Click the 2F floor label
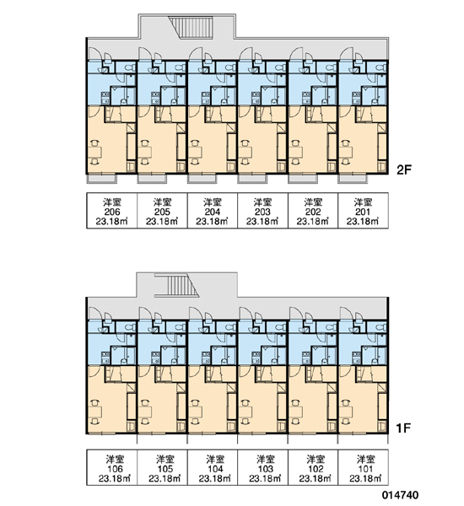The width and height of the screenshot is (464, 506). [x=404, y=170]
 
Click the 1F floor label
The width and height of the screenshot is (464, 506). [x=403, y=428]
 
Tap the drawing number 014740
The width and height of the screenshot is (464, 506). [x=401, y=495]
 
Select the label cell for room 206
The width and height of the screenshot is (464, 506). [x=111, y=211]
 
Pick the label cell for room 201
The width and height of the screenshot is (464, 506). [x=363, y=211]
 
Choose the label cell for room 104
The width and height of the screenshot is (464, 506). [x=213, y=467]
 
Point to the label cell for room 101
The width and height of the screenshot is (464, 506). [x=363, y=467]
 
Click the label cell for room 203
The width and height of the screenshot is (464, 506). [x=262, y=211]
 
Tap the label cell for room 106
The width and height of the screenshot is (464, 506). [x=111, y=467]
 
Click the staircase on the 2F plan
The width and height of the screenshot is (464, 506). [x=192, y=28]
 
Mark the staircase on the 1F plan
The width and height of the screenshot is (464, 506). [x=177, y=285]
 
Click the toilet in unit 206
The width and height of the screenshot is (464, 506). [x=130, y=67]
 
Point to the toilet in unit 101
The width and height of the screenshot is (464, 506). [x=381, y=327]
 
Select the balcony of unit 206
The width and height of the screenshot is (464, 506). [x=101, y=179]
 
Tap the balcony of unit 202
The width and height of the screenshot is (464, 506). [x=303, y=179]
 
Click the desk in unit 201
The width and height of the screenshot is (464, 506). [x=346, y=152]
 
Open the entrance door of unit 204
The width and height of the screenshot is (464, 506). [x=195, y=54]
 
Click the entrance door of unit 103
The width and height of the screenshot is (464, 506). [x=245, y=314]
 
